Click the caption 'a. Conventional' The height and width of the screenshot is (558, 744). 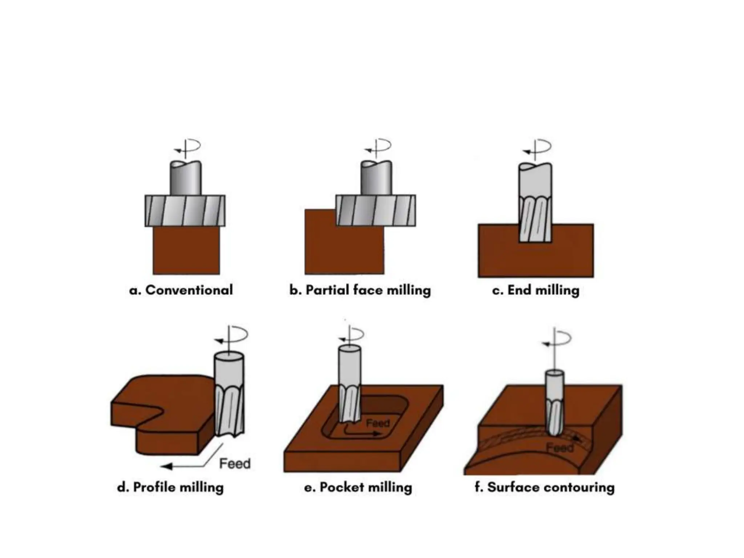tap(181, 290)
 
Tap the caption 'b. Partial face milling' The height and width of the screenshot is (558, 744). tap(360, 290)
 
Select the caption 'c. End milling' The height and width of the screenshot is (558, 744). tap(535, 290)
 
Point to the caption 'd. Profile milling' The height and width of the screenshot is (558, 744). tap(170, 487)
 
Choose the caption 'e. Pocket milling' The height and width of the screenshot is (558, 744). tap(358, 487)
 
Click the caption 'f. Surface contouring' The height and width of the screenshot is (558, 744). tap(545, 487)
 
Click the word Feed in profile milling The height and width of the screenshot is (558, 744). tap(235, 464)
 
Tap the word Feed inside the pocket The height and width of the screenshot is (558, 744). tap(378, 423)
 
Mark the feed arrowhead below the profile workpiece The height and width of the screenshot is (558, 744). tap(166, 466)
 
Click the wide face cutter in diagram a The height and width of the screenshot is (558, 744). tap(185, 211)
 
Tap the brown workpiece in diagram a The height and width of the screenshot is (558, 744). tap(186, 251)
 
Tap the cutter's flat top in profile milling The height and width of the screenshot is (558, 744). tap(229, 356)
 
